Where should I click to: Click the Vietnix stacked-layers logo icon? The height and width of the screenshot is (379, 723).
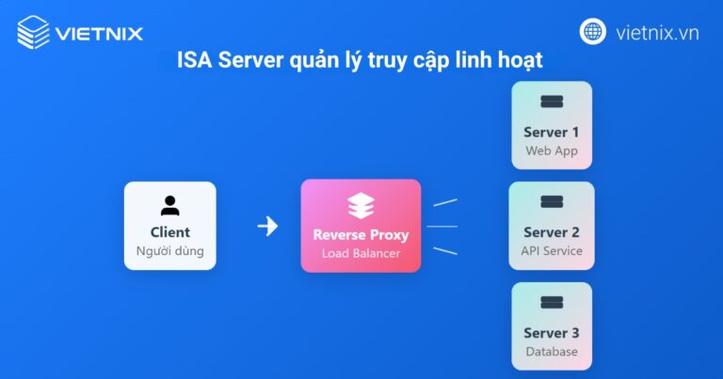pos(34,33)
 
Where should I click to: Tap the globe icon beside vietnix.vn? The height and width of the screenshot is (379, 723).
pos(593,33)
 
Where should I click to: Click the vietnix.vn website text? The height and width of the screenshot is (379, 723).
pos(657,33)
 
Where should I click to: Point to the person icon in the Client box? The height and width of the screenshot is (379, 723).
pos(169,205)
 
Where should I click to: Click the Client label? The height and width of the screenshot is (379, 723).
pos(169,232)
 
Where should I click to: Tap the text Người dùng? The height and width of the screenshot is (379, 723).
pos(169,251)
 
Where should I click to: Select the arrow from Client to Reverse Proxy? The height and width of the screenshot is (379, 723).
pos(268,226)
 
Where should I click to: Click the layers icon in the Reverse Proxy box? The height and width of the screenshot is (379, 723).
pos(361,205)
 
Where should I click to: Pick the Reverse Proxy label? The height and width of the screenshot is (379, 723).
pos(361,233)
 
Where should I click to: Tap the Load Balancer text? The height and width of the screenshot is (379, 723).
pos(361,253)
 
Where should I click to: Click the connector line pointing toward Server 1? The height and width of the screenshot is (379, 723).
pos(444,202)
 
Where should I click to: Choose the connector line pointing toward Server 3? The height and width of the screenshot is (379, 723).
pos(444,249)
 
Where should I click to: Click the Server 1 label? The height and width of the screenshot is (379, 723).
pos(552,132)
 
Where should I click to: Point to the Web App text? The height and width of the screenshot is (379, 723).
pos(552,150)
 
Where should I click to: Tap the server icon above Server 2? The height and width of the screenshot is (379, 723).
pos(552,202)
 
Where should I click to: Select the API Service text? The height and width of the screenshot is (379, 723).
pos(552,251)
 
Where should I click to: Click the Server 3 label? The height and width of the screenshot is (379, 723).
pos(552,333)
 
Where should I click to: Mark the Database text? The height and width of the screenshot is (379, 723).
pos(552,352)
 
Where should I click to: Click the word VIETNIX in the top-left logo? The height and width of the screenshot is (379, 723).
pos(99,34)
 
